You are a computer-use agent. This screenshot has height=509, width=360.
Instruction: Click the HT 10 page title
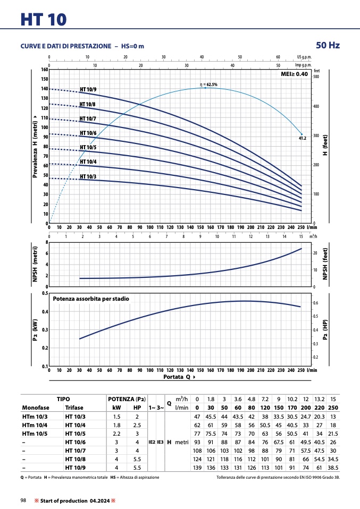click(44, 19)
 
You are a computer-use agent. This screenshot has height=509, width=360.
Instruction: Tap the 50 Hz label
click(328, 45)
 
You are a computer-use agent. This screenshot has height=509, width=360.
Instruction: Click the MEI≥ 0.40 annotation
click(294, 74)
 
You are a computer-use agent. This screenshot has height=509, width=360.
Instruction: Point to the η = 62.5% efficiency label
click(208, 84)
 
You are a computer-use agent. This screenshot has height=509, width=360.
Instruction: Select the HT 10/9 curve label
click(88, 89)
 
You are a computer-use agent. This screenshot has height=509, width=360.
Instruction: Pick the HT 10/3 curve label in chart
click(88, 176)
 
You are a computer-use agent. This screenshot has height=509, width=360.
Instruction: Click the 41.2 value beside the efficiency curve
click(302, 138)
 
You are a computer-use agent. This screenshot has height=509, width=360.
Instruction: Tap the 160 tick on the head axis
click(45, 70)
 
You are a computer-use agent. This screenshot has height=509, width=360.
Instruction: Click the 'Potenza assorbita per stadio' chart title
click(91, 299)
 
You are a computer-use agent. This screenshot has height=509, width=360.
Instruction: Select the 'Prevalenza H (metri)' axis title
click(35, 147)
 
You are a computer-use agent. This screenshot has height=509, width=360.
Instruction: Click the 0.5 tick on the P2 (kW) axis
click(45, 293)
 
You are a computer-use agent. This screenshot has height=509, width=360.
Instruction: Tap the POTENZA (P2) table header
click(127, 399)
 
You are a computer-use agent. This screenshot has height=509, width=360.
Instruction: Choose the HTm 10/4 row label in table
click(35, 425)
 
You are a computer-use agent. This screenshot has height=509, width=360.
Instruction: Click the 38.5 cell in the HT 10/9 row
click(333, 468)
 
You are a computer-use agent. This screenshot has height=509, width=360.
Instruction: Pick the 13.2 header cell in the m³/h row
click(320, 399)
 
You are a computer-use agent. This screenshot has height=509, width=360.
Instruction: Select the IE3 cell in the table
click(160, 442)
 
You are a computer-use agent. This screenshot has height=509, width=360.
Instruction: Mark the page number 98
click(23, 500)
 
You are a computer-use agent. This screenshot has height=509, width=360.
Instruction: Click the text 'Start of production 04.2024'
click(75, 501)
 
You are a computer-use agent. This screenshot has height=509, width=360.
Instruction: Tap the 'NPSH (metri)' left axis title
click(35, 264)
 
